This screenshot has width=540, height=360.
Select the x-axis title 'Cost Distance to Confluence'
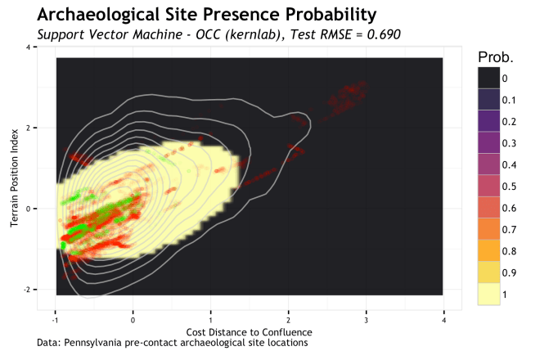click(249, 332)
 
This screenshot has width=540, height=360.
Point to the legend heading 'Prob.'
click(495, 58)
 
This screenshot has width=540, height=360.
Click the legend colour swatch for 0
click(489, 78)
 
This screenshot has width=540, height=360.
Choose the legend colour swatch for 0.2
click(489, 121)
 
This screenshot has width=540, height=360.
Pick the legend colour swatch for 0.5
click(489, 186)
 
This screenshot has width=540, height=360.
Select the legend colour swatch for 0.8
click(489, 250)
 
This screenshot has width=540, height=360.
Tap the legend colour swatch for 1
click(489, 294)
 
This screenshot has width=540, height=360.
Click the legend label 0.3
click(509, 143)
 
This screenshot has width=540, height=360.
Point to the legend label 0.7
click(509, 229)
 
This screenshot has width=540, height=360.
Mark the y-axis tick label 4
click(29, 47)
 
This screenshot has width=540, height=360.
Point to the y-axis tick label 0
click(29, 209)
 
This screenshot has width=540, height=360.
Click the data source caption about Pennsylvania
click(173, 343)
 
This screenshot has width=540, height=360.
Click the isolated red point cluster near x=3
click(353, 88)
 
